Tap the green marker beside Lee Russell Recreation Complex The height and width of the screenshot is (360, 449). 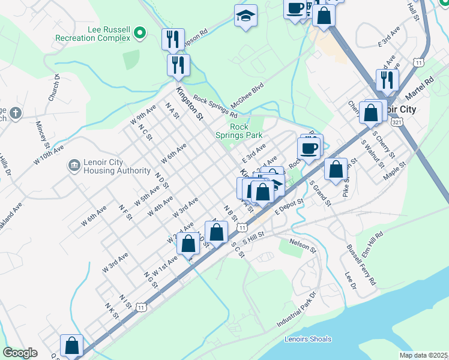140,32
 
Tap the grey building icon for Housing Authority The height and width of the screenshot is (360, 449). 74,164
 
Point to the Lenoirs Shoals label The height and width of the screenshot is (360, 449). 307,339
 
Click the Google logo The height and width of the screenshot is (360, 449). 20,353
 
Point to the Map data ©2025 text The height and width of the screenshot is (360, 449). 423,355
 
